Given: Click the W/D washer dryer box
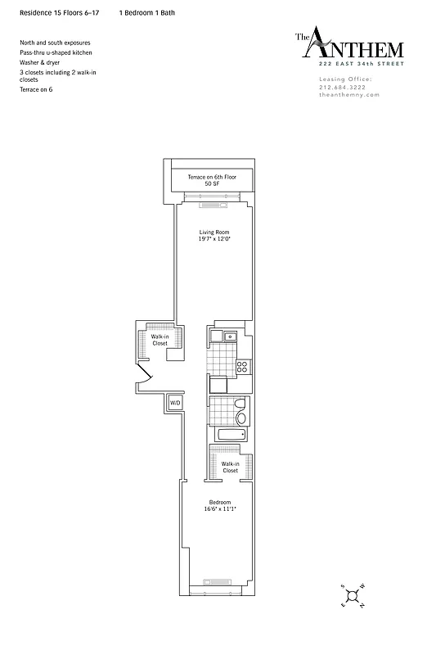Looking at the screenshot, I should pos(176,404).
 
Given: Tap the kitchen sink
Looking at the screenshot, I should pos(231,336).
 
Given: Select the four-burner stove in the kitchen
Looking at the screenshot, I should pos(242,368).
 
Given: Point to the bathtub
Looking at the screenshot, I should pos(228,435).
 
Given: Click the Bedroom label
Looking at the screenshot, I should pos(219,502).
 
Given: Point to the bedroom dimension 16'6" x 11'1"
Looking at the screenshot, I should pos(219,509).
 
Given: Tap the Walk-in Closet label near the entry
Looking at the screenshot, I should pos(160,340).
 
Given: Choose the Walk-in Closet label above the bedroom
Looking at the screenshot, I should pos(230,467).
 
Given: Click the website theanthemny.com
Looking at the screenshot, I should pos(349,95).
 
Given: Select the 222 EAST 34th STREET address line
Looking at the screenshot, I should pos(350,63).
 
